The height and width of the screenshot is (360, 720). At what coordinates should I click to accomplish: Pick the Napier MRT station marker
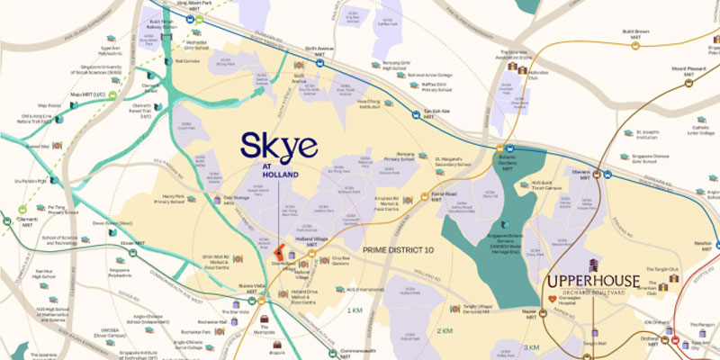pos(534,309)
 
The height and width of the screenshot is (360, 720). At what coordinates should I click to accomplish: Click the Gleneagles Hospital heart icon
pos(555,292)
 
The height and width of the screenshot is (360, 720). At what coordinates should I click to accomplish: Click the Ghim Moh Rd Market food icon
pos(238,259)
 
